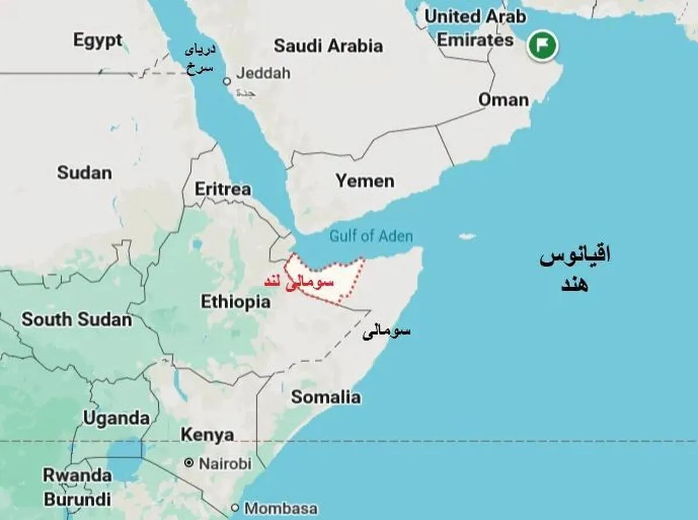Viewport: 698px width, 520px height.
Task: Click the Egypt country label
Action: click(98, 40)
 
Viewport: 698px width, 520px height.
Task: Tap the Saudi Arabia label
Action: click(328, 45)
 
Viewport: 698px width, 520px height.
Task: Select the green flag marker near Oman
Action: click(542, 45)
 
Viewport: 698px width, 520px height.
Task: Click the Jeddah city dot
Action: click(227, 82)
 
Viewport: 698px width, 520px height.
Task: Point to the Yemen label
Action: click(365, 181)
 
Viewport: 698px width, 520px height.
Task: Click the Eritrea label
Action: click(223, 189)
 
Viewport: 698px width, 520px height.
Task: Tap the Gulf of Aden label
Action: click(371, 236)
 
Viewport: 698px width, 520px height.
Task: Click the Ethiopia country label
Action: click(236, 302)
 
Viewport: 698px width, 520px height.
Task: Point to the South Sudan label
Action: click(77, 320)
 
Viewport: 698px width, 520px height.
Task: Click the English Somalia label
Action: click(326, 398)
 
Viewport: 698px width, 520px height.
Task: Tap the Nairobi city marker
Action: click(188, 463)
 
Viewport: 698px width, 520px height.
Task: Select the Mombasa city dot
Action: click(235, 507)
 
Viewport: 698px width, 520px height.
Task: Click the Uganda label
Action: click(116, 418)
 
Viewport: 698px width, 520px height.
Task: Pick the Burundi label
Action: click(77, 499)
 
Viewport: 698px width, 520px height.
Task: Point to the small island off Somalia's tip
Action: click(466, 237)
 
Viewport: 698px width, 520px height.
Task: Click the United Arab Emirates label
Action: click(475, 27)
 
